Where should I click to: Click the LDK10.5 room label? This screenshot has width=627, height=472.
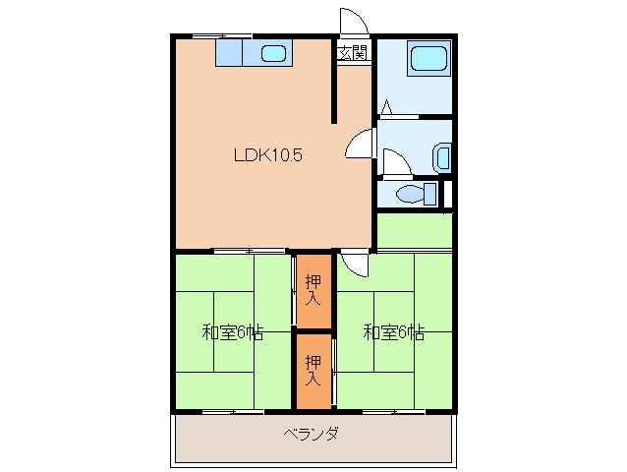click(x=266, y=154)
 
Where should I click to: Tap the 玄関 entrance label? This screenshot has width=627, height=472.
click(x=353, y=52)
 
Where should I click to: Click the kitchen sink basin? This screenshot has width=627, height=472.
click(x=272, y=53)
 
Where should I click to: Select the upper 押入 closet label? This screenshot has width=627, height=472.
click(x=313, y=290)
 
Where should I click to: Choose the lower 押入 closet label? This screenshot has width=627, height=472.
click(x=313, y=369)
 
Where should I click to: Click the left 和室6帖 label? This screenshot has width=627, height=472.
click(x=232, y=331)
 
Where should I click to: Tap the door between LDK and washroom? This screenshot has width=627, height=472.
click(x=361, y=145)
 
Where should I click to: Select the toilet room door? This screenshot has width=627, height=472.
click(x=395, y=163)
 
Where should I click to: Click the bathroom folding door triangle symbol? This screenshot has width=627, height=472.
click(x=388, y=107)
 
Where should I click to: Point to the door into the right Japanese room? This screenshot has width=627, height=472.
click(x=355, y=263)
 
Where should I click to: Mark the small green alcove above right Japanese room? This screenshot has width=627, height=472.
click(x=414, y=230)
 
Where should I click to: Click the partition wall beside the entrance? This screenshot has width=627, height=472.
click(x=334, y=83)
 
